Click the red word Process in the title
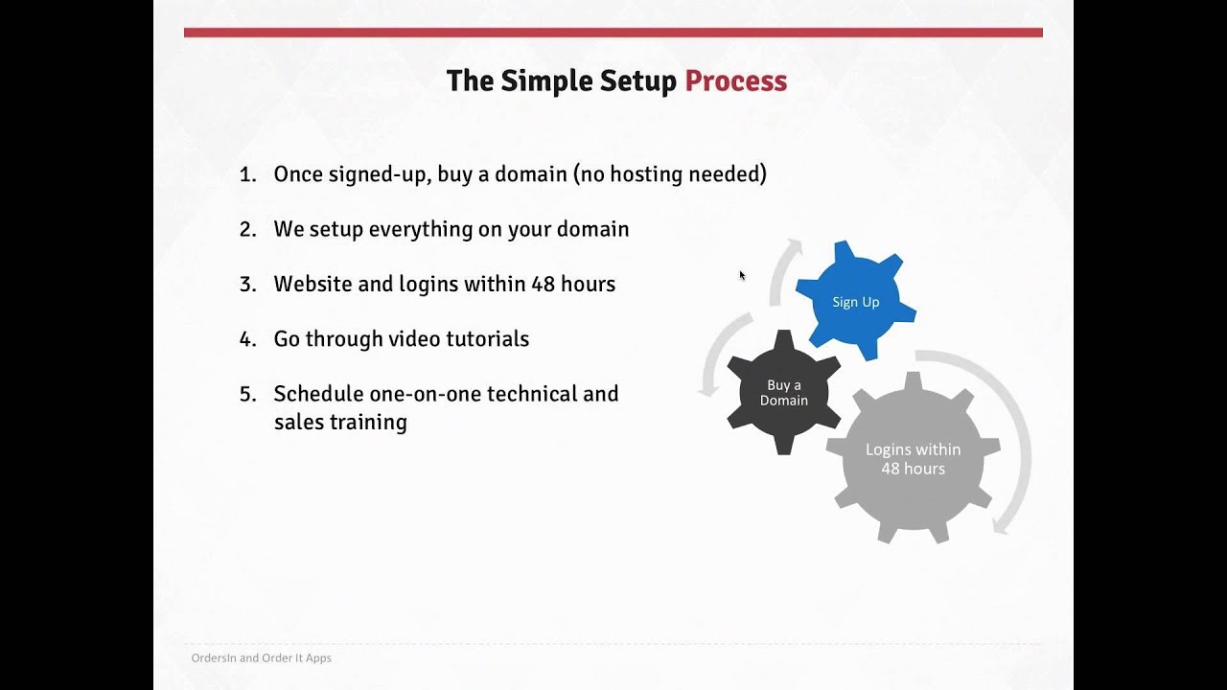coord(735,81)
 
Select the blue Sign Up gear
coord(855,302)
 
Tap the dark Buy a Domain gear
coord(783,392)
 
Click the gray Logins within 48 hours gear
coord(913,458)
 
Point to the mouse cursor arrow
coord(742,276)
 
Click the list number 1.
coord(246,174)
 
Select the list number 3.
coord(246,285)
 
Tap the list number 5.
coord(246,394)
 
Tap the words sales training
coord(339,422)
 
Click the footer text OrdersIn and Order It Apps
coord(261,658)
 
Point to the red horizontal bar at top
coord(613,33)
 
